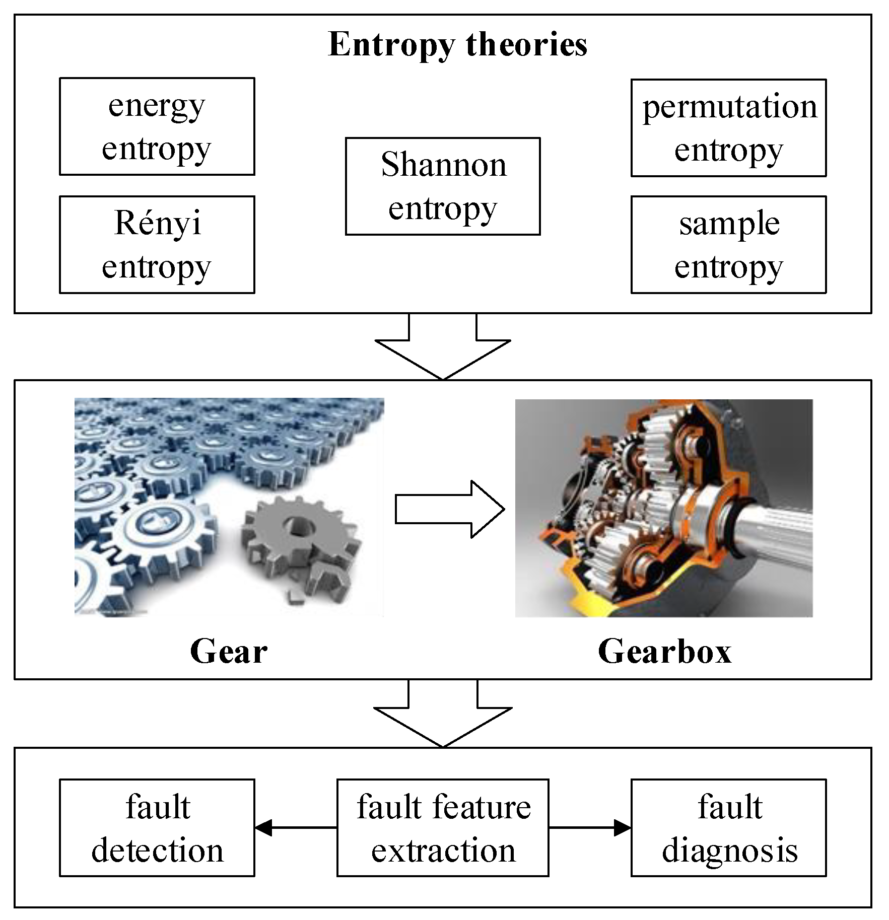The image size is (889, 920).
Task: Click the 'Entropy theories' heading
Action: coord(457,44)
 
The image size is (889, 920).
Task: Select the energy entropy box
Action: coord(157,126)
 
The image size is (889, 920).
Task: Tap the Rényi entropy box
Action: coord(157,245)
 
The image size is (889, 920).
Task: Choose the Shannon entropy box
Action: coord(442,186)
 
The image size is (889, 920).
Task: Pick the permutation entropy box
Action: coord(728,127)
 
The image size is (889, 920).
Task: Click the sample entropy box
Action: coord(728,245)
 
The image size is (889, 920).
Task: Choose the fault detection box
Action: coord(157,828)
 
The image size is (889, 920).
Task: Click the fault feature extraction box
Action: coord(442,828)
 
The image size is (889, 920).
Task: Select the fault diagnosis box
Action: coord(728,828)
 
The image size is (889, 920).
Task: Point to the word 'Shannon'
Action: coord(443,165)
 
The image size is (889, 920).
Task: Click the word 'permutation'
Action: coord(729,107)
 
